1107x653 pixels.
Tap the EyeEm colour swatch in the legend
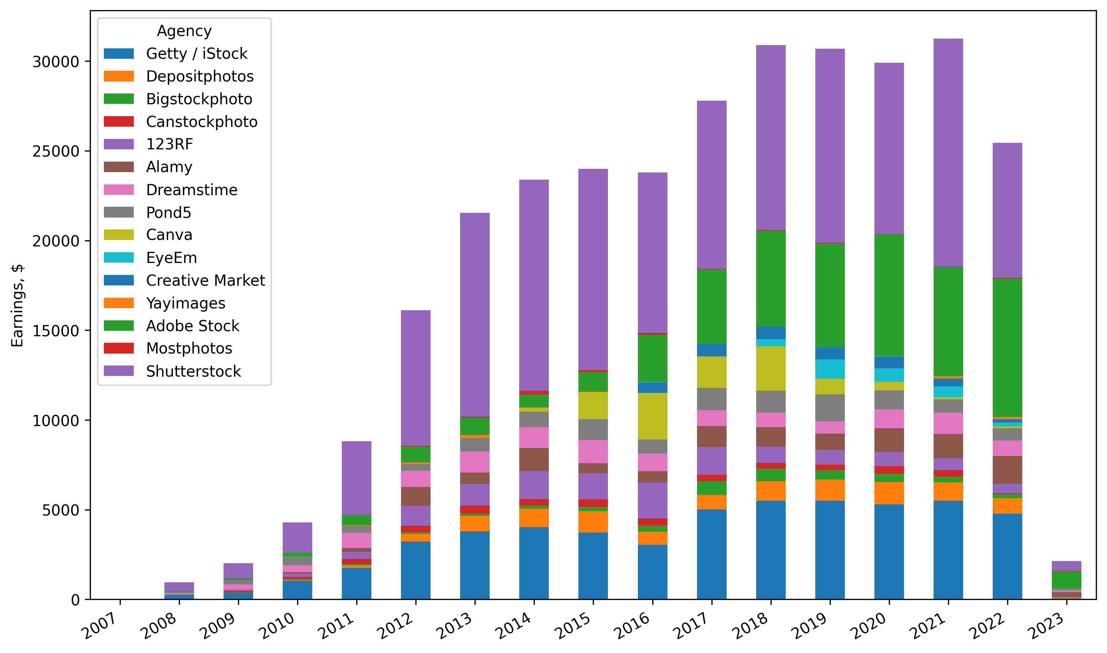[118, 258]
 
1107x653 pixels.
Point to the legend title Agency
[184, 31]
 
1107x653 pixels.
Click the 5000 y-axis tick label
[61, 510]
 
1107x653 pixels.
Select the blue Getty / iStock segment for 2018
[771, 550]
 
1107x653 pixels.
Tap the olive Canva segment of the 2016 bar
[652, 416]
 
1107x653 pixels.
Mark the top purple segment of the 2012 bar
[416, 378]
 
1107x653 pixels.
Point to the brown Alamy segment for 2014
[534, 460]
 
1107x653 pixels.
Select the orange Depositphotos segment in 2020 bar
[889, 493]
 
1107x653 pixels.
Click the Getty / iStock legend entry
[196, 54]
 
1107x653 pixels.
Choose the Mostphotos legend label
[189, 349]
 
